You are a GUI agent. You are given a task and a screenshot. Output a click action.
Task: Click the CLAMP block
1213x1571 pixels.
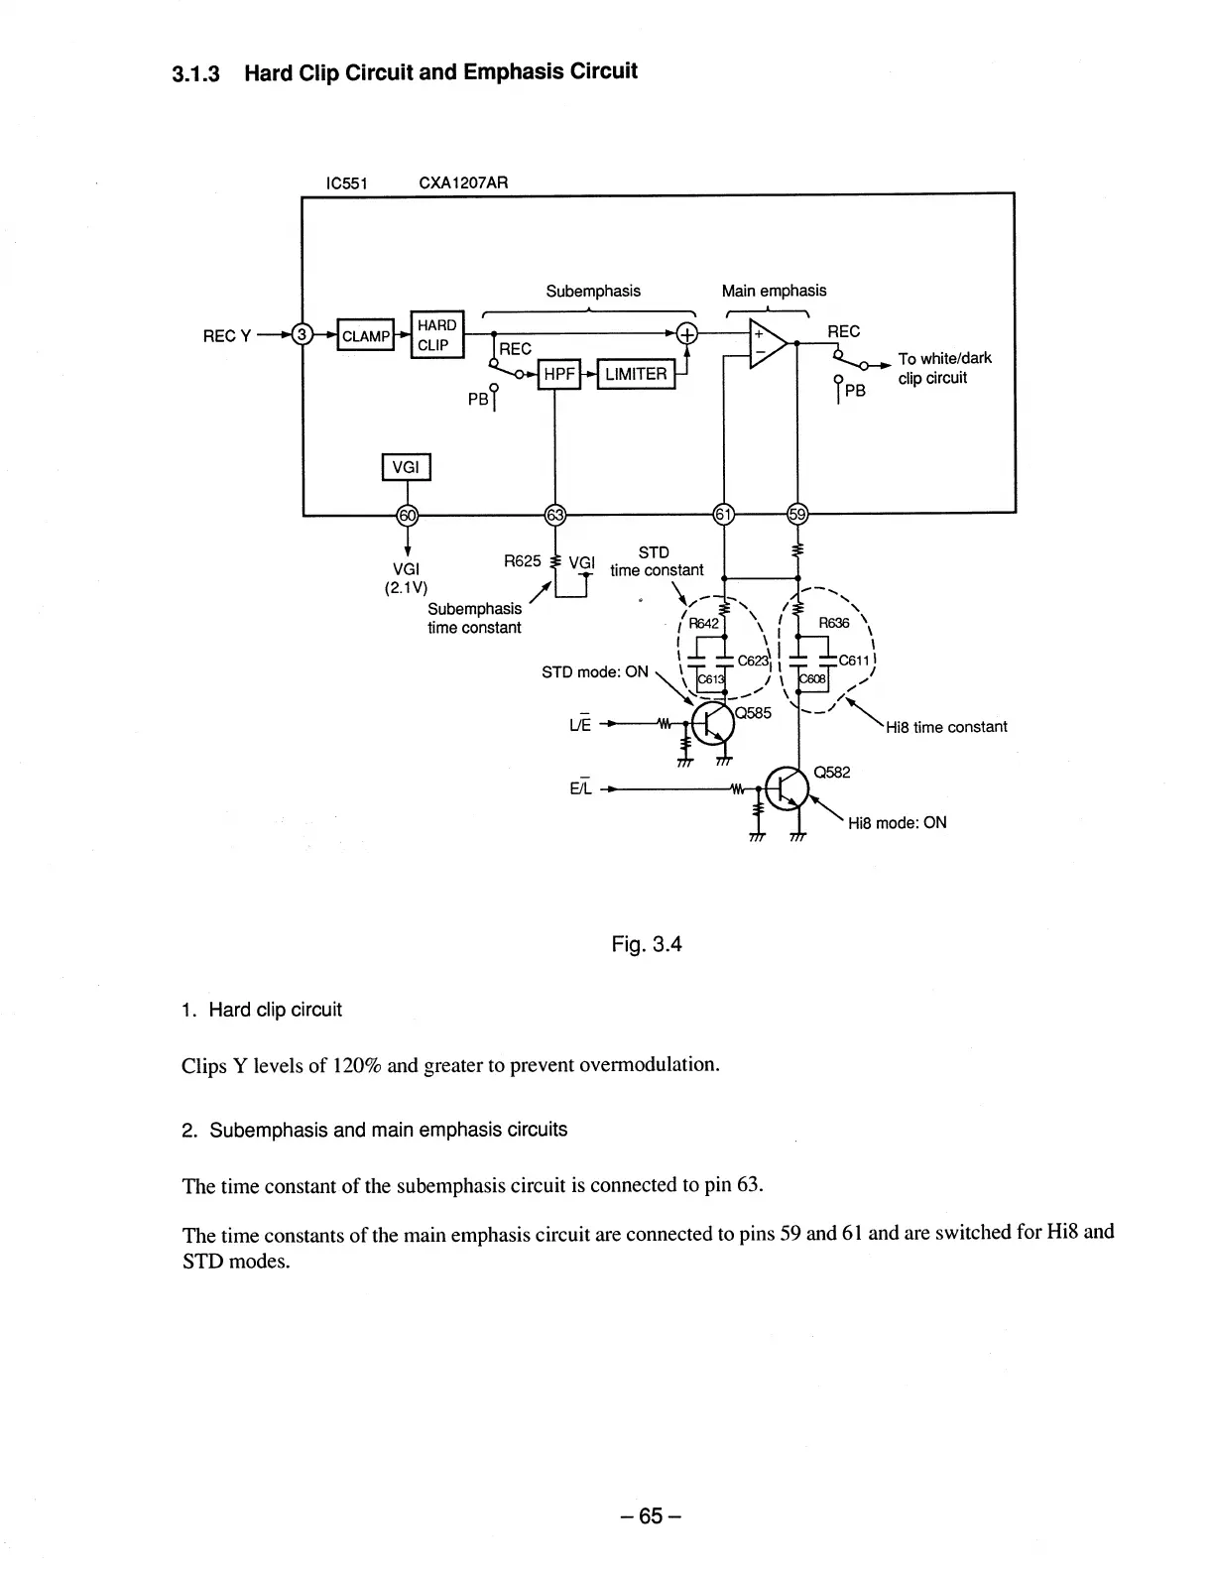tap(366, 336)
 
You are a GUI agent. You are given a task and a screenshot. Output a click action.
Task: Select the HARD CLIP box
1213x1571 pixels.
tap(436, 335)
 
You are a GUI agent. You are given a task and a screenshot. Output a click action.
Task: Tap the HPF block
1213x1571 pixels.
tap(557, 374)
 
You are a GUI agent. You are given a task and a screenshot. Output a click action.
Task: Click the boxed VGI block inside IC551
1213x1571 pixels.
tap(406, 466)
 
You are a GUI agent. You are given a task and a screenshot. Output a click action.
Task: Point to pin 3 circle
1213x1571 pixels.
tap(303, 335)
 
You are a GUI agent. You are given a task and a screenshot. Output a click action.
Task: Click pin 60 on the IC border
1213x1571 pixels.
tap(407, 514)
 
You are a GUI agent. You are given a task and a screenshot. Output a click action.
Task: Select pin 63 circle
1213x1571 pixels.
tap(555, 514)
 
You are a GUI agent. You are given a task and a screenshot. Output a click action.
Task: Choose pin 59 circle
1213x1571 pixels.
tap(796, 514)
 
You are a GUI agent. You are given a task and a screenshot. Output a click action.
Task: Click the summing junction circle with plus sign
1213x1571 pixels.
tap(687, 335)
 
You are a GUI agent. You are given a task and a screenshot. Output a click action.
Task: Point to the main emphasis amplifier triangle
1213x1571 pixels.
tap(767, 344)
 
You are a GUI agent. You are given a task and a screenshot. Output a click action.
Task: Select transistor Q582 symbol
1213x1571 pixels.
tap(787, 787)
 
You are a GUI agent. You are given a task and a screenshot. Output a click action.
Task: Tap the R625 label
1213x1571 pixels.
tap(522, 560)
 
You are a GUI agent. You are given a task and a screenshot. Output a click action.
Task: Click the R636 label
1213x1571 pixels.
tap(833, 623)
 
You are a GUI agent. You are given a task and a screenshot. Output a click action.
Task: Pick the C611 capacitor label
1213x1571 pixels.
tap(854, 661)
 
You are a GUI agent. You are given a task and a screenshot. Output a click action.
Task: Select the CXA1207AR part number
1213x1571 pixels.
tap(463, 182)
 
